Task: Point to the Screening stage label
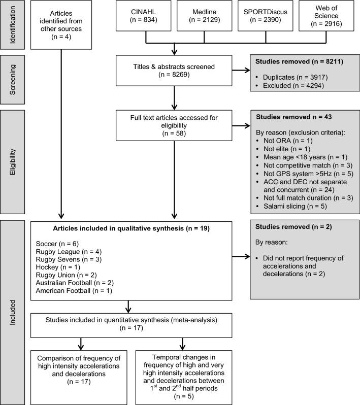[x=13, y=81]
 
